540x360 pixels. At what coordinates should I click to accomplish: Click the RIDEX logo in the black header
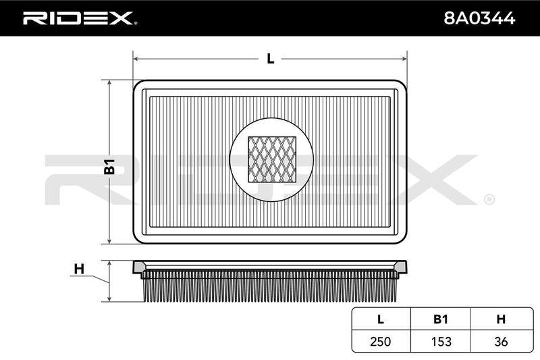(80, 18)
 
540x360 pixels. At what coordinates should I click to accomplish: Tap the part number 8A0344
(479, 18)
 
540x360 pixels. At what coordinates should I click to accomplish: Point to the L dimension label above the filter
(271, 59)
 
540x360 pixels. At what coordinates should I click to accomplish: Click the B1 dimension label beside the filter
(109, 166)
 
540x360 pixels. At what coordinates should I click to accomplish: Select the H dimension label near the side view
(79, 269)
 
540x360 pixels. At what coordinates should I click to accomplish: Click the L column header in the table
(381, 319)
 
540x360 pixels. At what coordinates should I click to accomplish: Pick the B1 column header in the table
(441, 319)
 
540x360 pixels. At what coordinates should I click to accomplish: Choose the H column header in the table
(501, 319)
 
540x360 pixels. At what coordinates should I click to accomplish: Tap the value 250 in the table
(381, 341)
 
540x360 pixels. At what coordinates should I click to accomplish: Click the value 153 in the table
(441, 341)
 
